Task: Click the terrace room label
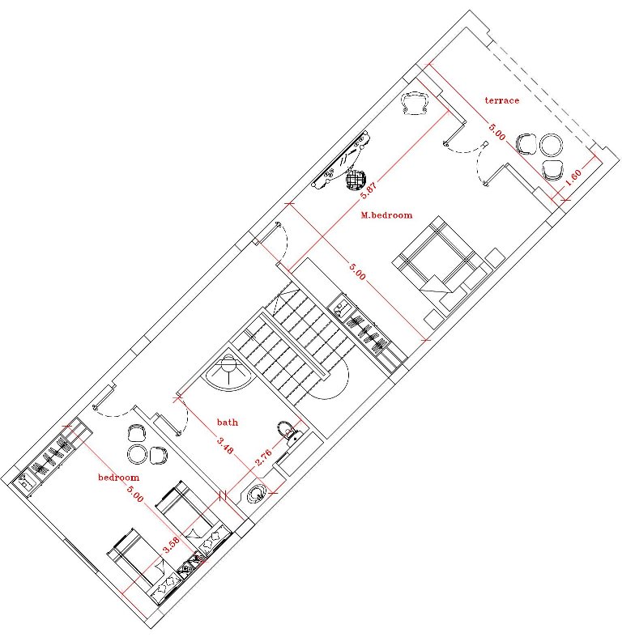(x=501, y=100)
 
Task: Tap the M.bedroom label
(x=386, y=215)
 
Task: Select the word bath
(x=228, y=422)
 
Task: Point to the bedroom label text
(x=118, y=478)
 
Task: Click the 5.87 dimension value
(x=369, y=189)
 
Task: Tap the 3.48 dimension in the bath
(x=225, y=445)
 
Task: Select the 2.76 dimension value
(x=263, y=457)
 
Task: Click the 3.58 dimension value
(x=170, y=546)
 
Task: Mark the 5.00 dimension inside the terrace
(x=496, y=132)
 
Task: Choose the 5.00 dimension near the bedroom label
(x=135, y=493)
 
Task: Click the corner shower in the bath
(x=228, y=372)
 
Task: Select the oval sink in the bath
(x=256, y=495)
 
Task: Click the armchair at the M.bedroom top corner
(x=415, y=103)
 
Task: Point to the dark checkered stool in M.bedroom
(x=356, y=179)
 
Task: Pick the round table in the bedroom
(x=137, y=454)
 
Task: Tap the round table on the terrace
(x=552, y=145)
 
